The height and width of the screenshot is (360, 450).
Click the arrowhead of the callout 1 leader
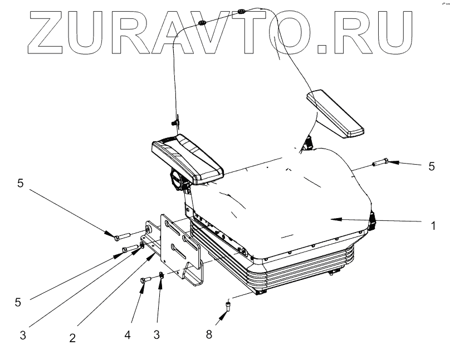[333, 220]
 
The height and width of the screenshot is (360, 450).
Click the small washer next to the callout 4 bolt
[160, 274]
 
